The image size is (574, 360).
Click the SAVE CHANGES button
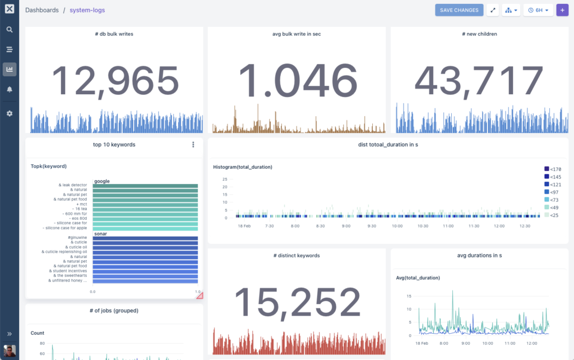[x=459, y=10]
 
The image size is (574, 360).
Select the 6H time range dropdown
[x=538, y=10]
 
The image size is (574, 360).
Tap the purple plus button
[x=562, y=10]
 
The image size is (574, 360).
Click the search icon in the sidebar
[x=10, y=30]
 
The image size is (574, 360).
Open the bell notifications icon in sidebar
[x=10, y=89]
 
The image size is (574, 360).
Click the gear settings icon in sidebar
[x=10, y=113]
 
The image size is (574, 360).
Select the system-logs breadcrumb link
[x=87, y=10]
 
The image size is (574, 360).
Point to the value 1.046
[x=298, y=81]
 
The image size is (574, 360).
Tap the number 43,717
[x=479, y=81]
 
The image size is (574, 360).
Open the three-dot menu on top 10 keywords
[x=193, y=145]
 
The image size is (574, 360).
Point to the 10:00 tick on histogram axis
[x=397, y=226]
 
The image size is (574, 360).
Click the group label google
[x=102, y=181]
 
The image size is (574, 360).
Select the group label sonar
[x=101, y=233]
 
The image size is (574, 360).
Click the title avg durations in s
[x=479, y=256]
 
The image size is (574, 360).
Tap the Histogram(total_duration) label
[x=243, y=167]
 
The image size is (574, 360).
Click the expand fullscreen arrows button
[x=493, y=10]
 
